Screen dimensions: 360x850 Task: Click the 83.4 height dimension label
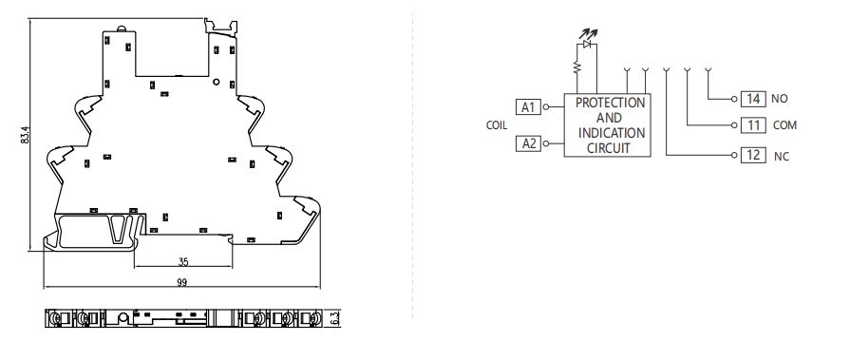click(23, 137)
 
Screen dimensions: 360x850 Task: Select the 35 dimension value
click(183, 261)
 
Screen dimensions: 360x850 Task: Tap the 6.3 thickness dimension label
click(335, 317)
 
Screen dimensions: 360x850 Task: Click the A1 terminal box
click(528, 106)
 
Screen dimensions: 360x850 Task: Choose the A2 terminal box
click(528, 143)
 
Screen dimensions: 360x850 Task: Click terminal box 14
click(754, 99)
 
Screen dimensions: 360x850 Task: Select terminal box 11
click(754, 125)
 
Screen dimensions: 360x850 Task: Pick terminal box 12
click(754, 154)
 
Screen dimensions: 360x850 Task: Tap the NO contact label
click(781, 99)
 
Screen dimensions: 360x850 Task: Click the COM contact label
click(784, 125)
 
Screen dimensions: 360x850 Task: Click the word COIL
click(496, 125)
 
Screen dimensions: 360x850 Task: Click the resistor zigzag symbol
click(575, 67)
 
